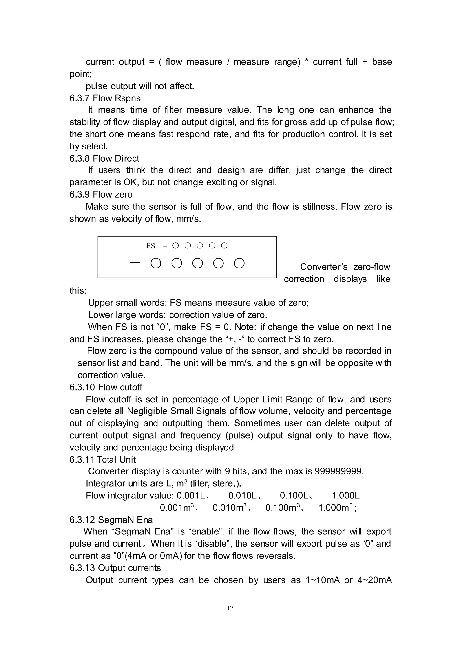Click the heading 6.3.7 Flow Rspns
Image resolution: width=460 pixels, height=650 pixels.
[105, 98]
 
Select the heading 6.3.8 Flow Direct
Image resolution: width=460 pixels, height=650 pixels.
[104, 158]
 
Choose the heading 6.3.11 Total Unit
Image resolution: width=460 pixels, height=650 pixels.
[103, 459]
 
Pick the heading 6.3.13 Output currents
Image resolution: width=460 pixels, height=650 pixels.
[115, 568]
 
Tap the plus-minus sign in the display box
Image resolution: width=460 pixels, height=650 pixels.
[135, 264]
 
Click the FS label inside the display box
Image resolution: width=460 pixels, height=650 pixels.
[150, 246]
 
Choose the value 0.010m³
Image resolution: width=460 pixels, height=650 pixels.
[229, 508]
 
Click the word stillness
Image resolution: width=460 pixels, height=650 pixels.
[318, 207]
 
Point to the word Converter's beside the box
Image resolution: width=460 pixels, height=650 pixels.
[324, 267]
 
